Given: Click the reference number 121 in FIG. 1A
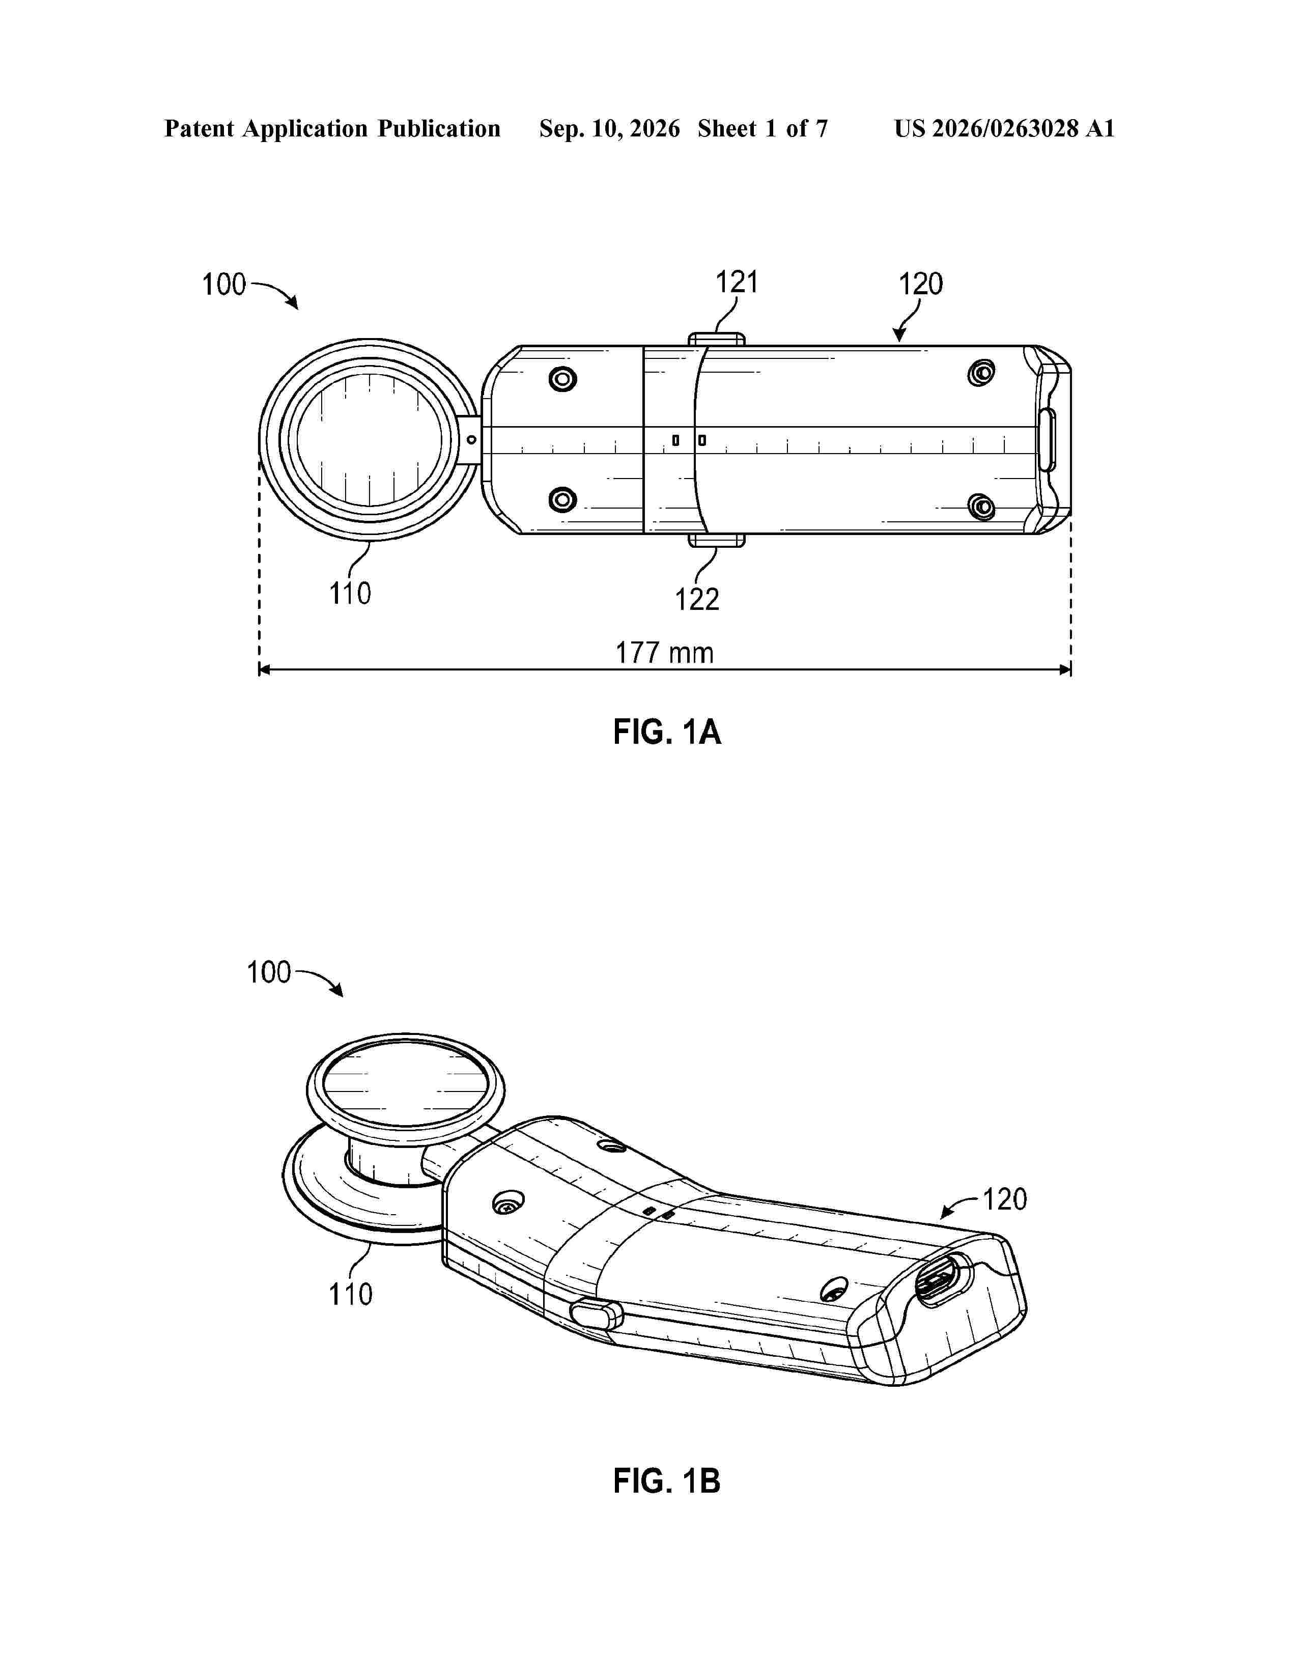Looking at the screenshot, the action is click(737, 283).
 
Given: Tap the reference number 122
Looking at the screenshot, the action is click(697, 599).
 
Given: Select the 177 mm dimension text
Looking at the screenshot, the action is click(664, 653).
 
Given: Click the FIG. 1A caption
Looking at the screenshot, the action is click(667, 732).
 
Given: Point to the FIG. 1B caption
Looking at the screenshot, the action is click(667, 1481).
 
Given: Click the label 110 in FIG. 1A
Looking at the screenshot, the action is click(350, 594).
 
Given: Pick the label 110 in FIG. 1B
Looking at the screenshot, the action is click(351, 1295).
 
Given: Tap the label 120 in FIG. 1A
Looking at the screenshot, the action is click(920, 285).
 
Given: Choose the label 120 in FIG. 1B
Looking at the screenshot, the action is click(1005, 1199).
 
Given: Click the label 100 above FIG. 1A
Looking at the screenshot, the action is click(224, 285).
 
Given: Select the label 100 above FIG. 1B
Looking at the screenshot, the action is click(268, 972).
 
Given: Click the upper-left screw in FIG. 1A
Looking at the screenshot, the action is click(563, 378).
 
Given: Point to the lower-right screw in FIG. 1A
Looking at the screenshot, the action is click(981, 507).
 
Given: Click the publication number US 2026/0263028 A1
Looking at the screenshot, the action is click(1004, 128).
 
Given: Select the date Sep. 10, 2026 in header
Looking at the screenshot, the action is click(609, 128).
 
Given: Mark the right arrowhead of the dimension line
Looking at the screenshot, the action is click(1066, 670).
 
